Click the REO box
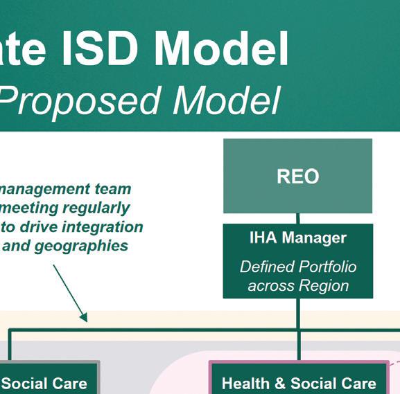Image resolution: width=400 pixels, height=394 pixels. [x=297, y=176]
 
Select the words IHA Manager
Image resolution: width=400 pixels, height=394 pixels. [x=298, y=238]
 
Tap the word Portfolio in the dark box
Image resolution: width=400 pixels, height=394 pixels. [x=327, y=267]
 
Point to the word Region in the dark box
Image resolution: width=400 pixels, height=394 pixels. [x=324, y=286]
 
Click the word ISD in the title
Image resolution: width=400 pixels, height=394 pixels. [x=101, y=48]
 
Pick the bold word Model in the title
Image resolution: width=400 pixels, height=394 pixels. [x=221, y=48]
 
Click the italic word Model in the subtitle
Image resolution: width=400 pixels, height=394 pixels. [x=227, y=100]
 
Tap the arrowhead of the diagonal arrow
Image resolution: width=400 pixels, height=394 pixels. [x=84, y=318]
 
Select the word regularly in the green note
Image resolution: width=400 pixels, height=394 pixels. [x=96, y=208]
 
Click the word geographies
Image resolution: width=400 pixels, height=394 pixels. [x=81, y=246]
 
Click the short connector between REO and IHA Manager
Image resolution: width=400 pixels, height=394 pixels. [x=297, y=218]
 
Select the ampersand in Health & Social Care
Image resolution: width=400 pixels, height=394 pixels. [x=280, y=384]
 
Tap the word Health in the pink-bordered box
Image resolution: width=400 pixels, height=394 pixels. [x=245, y=384]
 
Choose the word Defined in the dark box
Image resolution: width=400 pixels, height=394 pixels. [x=268, y=267]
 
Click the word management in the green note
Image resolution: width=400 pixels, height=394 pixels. [x=44, y=190]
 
